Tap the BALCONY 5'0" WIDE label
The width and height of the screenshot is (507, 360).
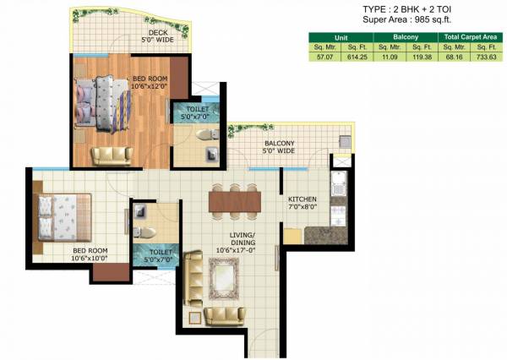pos(279,148)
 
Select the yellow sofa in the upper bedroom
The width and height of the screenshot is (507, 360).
pos(112,155)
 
